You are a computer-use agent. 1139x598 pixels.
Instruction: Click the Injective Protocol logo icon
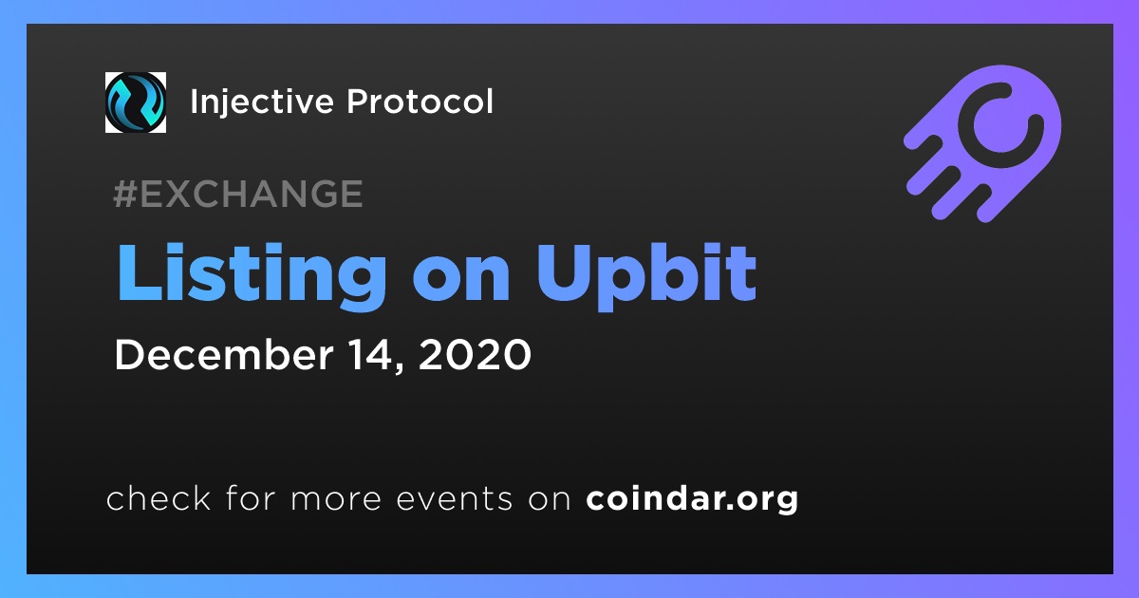click(135, 103)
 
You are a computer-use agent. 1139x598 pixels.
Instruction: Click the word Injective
click(262, 103)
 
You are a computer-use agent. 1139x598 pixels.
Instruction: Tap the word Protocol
click(420, 102)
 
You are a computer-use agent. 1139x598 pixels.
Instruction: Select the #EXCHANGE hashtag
click(238, 194)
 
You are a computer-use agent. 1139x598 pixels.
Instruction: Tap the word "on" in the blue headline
click(461, 283)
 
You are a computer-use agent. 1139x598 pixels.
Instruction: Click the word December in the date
click(224, 354)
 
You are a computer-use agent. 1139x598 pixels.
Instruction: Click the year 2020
click(475, 354)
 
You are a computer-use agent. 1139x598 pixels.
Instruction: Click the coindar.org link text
click(692, 499)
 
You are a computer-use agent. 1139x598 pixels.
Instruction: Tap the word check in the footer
click(159, 497)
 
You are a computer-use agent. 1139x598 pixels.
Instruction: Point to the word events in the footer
click(454, 499)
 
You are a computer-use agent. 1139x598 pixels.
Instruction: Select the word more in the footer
click(336, 499)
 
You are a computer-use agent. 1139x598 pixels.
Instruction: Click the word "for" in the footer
click(251, 497)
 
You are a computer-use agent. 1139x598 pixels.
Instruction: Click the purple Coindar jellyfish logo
click(982, 144)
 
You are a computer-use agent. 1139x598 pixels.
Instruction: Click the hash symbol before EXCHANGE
click(125, 194)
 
